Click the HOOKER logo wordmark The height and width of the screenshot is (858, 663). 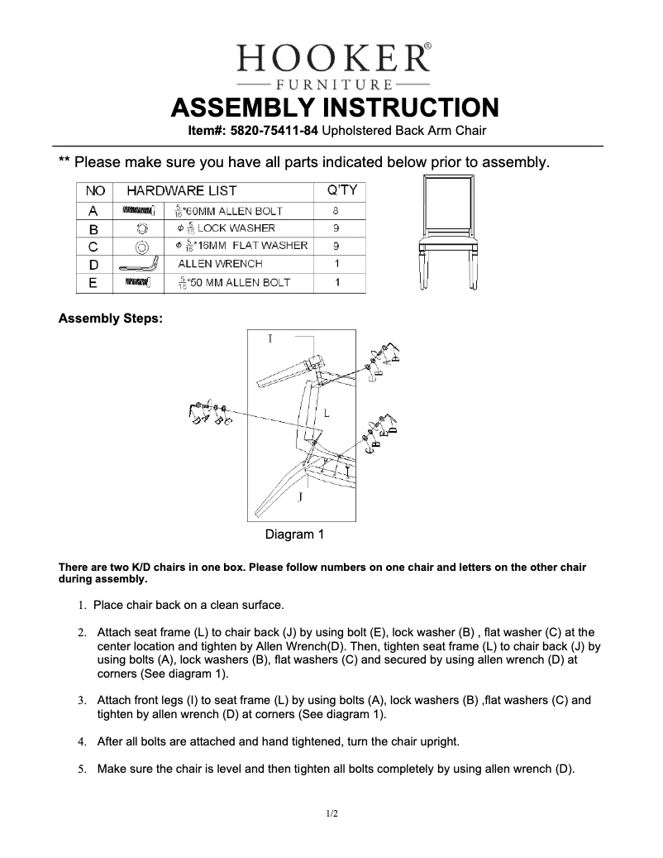333,59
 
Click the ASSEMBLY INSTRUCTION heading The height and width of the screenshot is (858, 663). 334,108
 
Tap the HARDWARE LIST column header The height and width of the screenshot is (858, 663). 181,191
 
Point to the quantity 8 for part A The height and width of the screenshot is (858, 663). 336,210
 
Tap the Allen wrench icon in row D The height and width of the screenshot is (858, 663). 140,265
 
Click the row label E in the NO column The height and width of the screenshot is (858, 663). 93,283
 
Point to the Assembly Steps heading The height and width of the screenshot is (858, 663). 110,318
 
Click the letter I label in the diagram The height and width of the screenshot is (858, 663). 269,338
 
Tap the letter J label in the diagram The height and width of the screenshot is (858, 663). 300,496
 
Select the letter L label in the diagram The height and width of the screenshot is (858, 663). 327,411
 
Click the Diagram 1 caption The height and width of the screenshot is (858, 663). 293,534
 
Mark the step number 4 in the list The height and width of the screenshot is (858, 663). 82,741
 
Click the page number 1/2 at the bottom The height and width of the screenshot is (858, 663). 331,814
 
